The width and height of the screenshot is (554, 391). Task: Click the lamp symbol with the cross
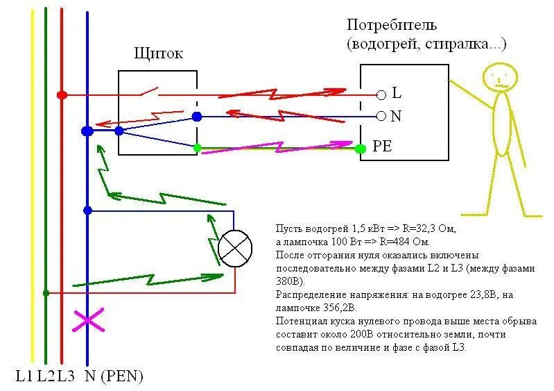235,248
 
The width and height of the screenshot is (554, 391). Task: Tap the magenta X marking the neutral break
88,322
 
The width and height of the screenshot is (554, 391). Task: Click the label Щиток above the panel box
159,54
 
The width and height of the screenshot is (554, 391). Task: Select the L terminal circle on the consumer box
380,94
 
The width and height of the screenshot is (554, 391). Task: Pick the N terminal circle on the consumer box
380,116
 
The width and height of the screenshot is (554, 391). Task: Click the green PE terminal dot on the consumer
360,148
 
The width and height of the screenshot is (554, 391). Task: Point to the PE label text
382,147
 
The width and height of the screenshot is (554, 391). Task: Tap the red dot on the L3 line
62,94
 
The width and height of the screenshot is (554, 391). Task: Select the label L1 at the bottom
25,376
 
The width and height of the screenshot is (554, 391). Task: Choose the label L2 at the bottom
46,376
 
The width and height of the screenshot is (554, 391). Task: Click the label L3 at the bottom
66,376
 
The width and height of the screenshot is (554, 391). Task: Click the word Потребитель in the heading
392,26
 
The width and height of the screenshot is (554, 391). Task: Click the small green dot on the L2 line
46,293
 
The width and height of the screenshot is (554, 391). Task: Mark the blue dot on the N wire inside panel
196,117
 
